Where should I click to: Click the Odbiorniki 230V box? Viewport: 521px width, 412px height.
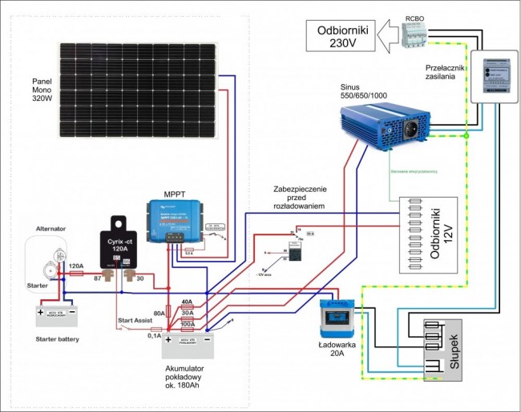pos(341,37)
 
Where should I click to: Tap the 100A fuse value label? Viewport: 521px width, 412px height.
pos(187,323)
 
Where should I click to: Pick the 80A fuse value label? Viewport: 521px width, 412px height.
pos(160,313)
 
